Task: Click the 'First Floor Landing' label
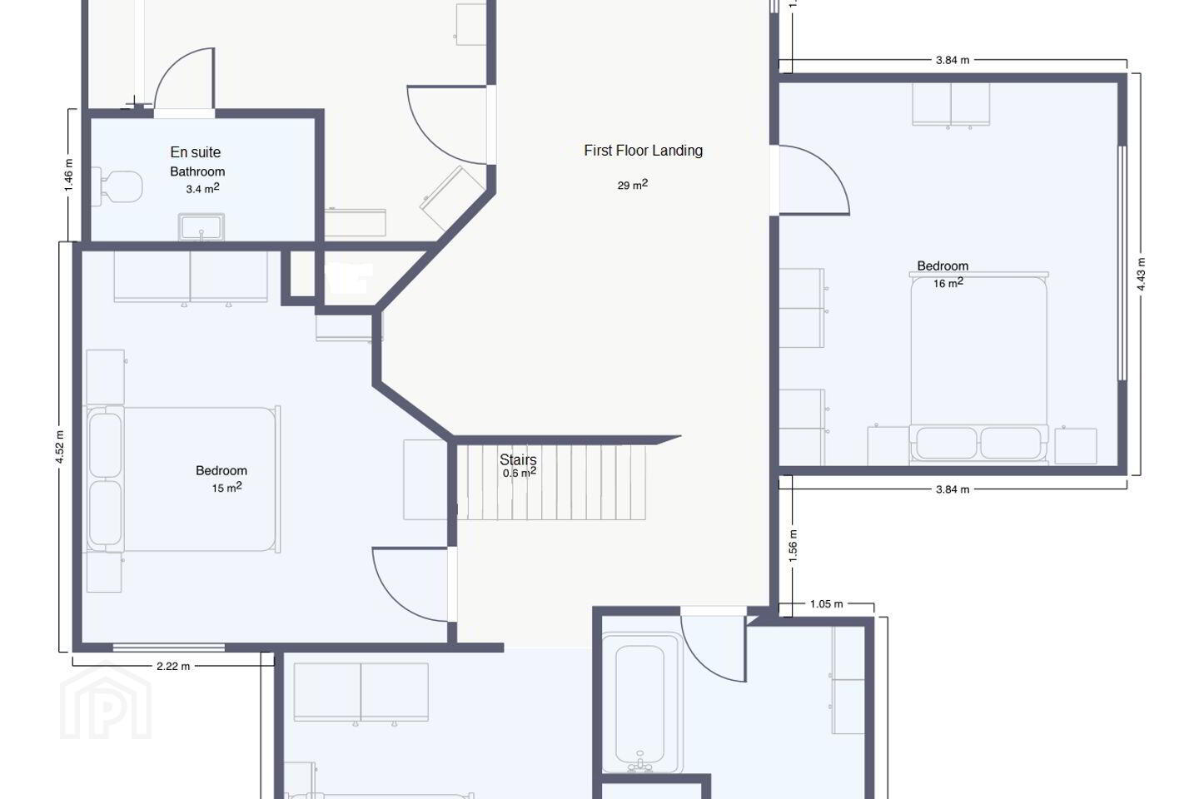click(643, 151)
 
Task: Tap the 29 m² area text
click(633, 185)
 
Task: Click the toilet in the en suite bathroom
click(117, 186)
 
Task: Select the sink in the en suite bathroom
click(201, 227)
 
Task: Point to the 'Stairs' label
click(518, 459)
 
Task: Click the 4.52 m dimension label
click(60, 447)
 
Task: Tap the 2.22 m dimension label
click(173, 667)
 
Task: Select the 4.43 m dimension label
click(1141, 275)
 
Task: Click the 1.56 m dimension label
click(794, 546)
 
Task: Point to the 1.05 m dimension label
click(826, 604)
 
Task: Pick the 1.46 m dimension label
click(69, 176)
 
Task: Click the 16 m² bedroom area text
click(948, 282)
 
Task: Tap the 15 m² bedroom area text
click(226, 487)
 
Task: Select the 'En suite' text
click(196, 152)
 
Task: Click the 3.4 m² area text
click(202, 188)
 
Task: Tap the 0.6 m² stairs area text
click(520, 473)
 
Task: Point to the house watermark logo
click(106, 700)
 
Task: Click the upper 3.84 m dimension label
click(953, 60)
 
